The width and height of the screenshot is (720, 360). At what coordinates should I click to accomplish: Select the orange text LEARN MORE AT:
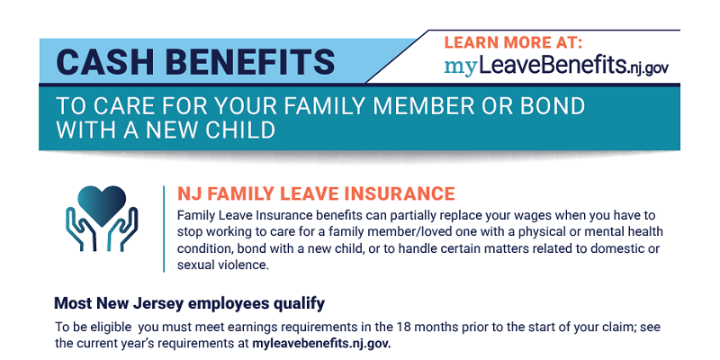[513, 42]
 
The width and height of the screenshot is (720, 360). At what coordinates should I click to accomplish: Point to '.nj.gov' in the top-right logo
[646, 69]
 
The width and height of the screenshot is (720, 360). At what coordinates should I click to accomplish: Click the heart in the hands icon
[102, 205]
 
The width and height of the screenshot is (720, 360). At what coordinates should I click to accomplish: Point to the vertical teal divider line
[164, 229]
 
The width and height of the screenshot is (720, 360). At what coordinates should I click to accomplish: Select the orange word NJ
[188, 193]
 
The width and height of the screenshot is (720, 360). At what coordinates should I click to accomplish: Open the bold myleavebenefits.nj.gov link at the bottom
[321, 344]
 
